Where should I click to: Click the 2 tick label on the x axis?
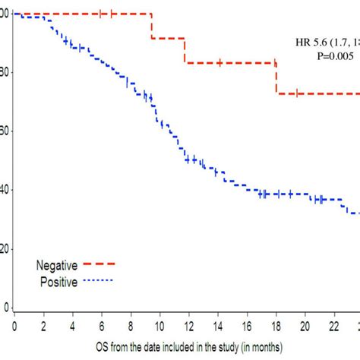[x=43, y=326]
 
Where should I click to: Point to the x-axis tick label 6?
[x=102, y=326]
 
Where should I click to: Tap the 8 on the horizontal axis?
[x=131, y=326]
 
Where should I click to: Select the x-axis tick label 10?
[x=159, y=326]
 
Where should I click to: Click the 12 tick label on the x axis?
[x=188, y=326]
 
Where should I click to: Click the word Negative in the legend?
[x=56, y=265]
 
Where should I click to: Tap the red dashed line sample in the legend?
[x=96, y=265]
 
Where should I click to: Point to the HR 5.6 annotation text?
[x=327, y=43]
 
